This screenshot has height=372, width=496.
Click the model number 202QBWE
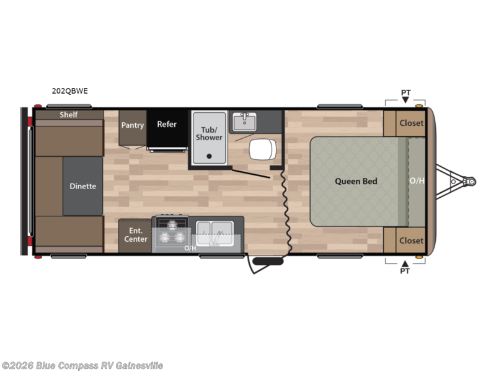(70, 91)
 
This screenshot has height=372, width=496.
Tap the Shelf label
(68, 115)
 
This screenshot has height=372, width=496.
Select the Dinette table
(82, 186)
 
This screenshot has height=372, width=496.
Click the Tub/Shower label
(209, 133)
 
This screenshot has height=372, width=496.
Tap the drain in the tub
(209, 156)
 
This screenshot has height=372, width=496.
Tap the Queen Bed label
(356, 182)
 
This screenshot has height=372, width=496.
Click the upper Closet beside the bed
(411, 123)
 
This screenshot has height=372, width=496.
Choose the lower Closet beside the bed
(411, 241)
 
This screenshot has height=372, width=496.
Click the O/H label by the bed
(417, 182)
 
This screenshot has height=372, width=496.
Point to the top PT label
(405, 93)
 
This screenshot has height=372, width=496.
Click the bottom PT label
(405, 271)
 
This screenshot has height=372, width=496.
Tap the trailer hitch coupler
(470, 182)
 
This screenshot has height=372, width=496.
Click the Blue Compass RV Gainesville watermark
(82, 365)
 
